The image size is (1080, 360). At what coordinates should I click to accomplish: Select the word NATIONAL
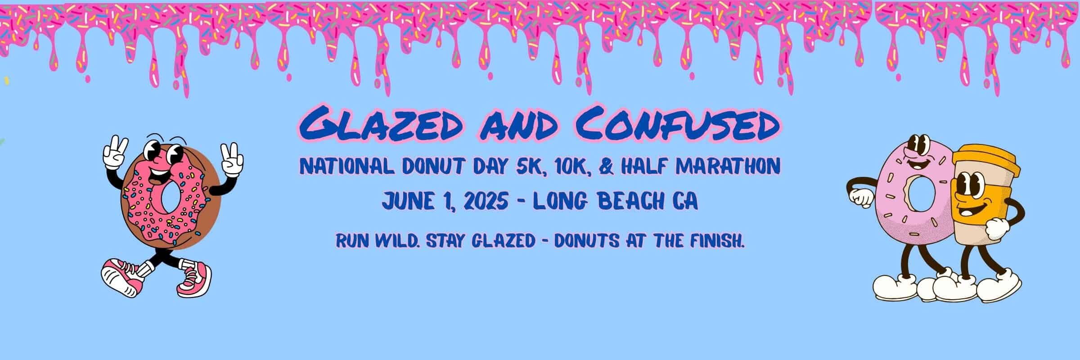[343, 167]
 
